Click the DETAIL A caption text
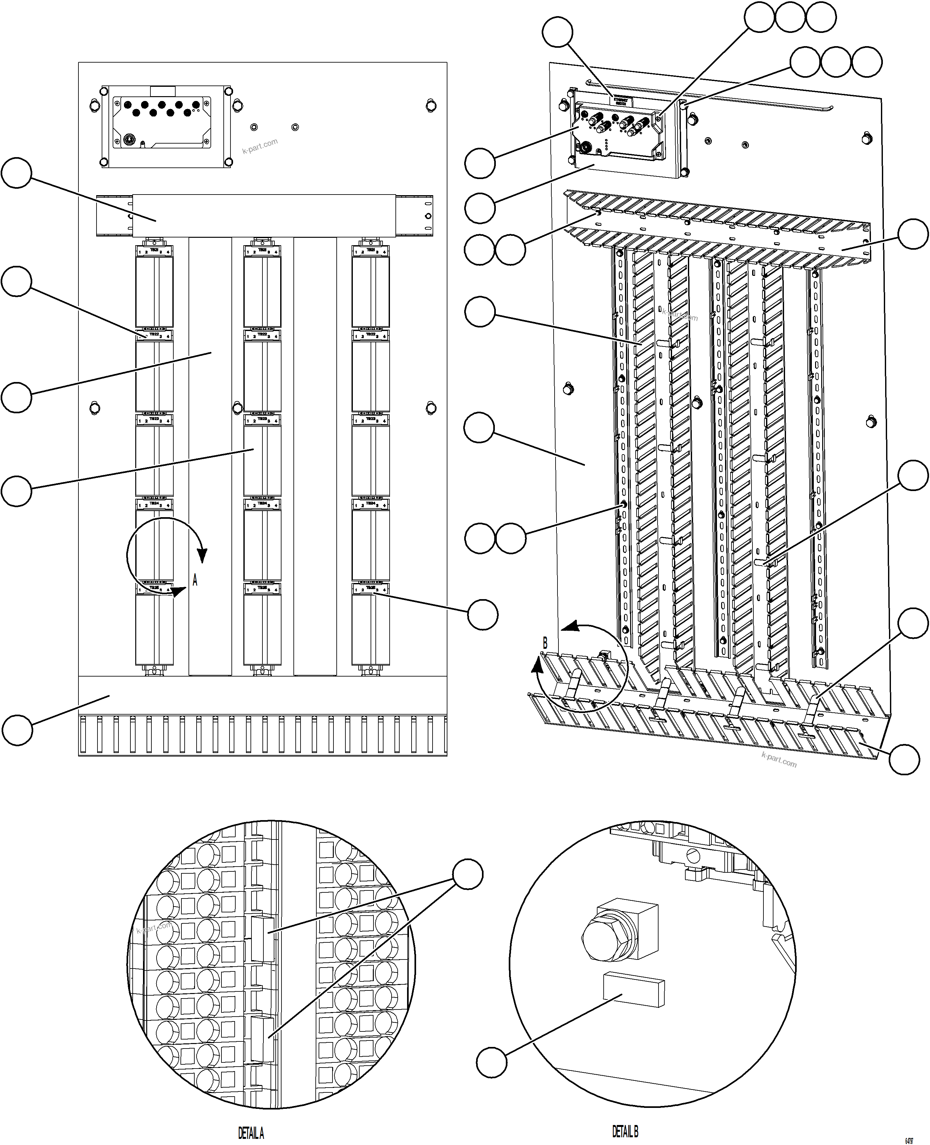click(251, 1133)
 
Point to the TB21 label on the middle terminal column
click(262, 250)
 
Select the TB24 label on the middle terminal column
click(262, 504)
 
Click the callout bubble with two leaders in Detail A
click(468, 874)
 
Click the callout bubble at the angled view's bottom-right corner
click(904, 759)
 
